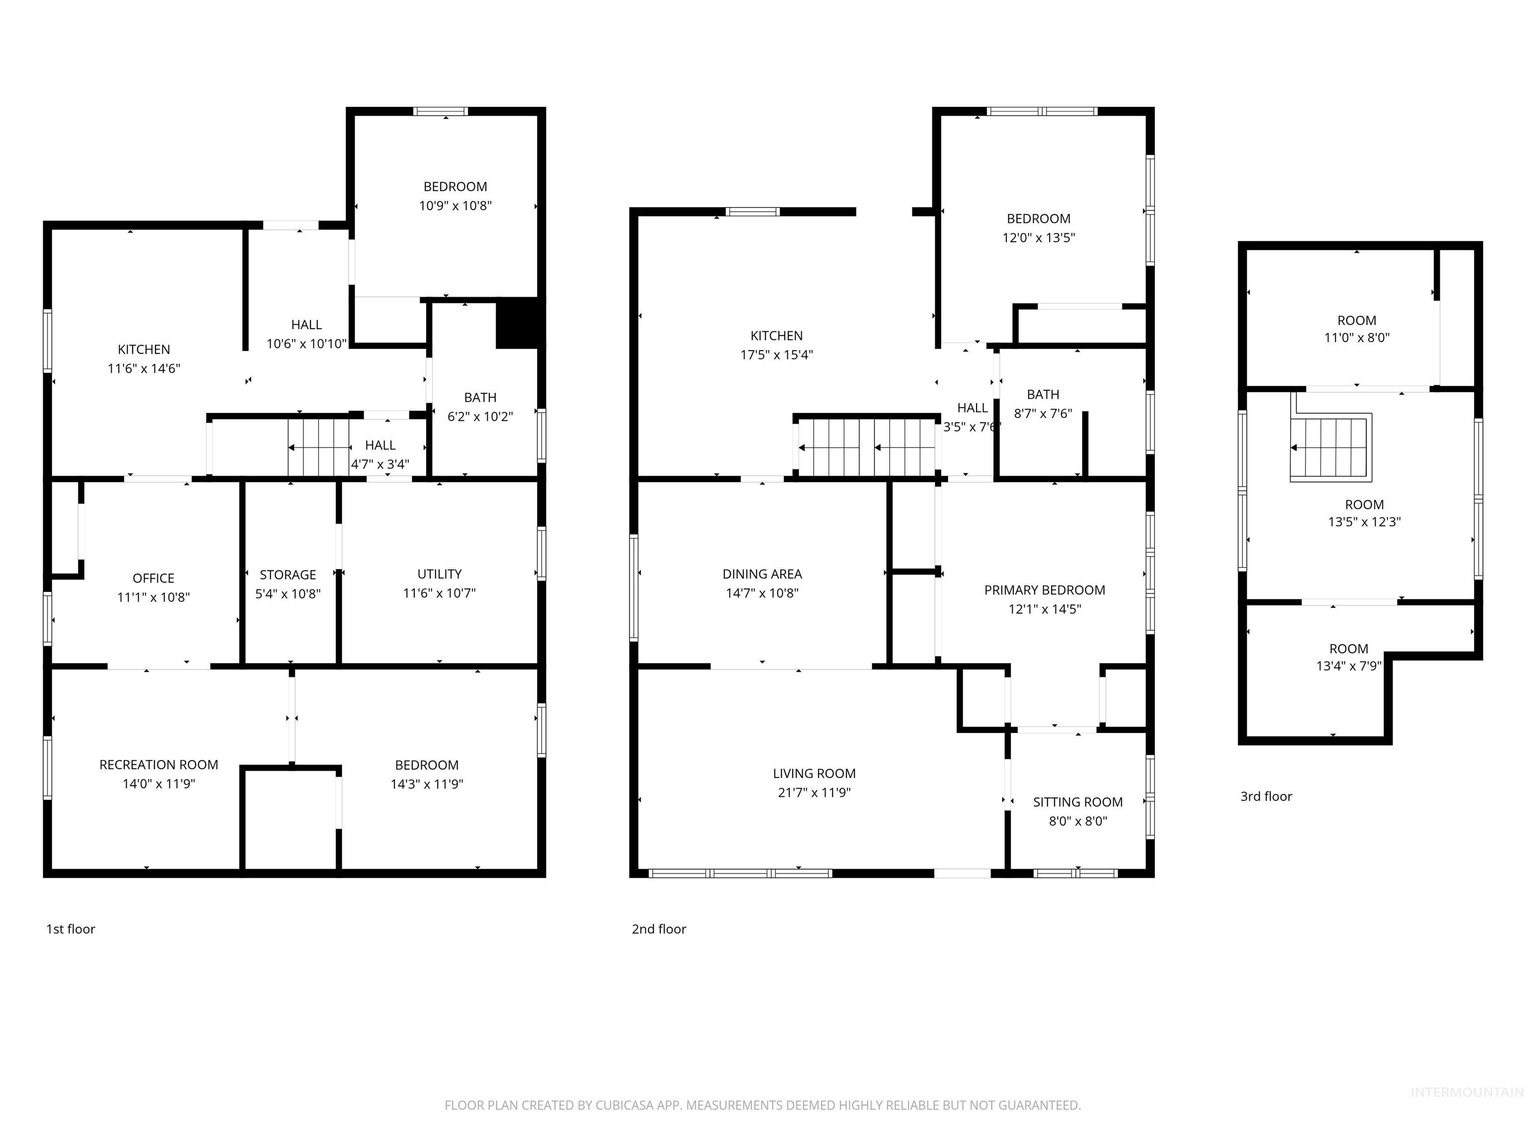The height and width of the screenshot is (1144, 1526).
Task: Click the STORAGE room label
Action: click(x=288, y=574)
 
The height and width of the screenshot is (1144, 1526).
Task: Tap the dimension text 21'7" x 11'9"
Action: click(x=814, y=792)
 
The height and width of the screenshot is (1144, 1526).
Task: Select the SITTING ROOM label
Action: click(x=1077, y=802)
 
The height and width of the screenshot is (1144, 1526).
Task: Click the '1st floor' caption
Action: click(x=71, y=929)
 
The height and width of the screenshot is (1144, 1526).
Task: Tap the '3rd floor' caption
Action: click(x=1266, y=796)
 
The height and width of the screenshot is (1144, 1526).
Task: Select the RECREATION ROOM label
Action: click(x=158, y=765)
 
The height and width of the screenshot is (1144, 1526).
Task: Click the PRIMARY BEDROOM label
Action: click(x=1045, y=590)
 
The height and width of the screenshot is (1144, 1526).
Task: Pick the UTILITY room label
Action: click(x=440, y=573)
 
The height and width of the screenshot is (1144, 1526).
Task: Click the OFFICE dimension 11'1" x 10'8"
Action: click(x=153, y=597)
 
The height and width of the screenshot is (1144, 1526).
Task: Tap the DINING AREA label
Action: click(x=763, y=573)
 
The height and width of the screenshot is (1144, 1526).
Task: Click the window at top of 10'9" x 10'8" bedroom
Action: click(x=441, y=112)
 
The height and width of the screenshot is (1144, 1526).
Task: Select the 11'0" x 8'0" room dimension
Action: click(x=1356, y=338)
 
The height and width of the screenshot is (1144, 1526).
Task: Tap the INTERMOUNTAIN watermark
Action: click(x=1466, y=1092)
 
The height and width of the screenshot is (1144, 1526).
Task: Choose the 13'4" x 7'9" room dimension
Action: click(x=1348, y=666)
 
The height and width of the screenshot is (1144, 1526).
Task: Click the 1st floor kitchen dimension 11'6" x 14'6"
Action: click(x=144, y=368)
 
